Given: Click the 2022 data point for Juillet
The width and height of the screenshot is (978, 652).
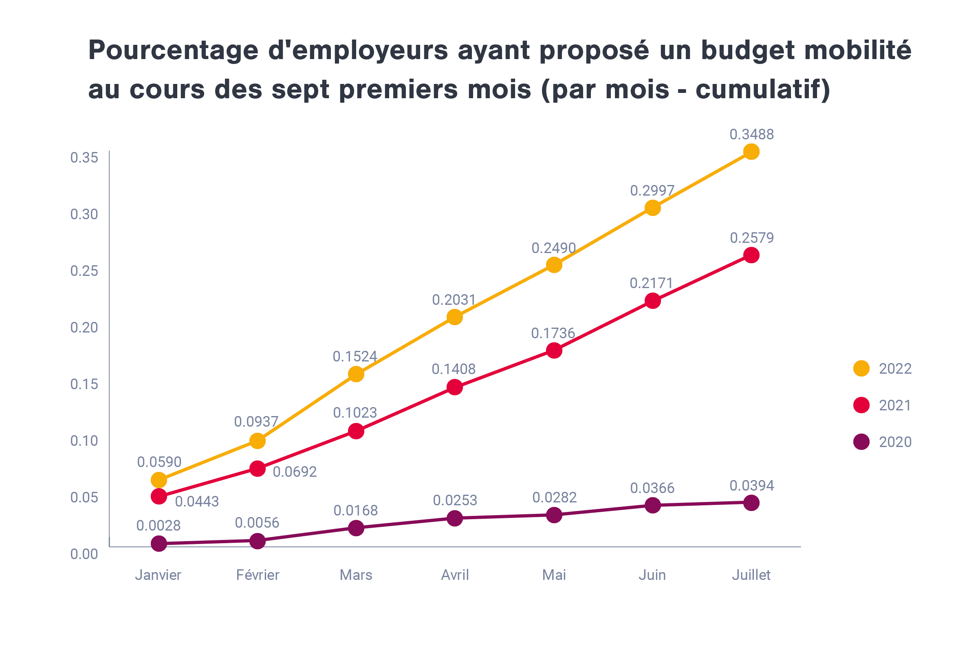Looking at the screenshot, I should pyautogui.click(x=751, y=152).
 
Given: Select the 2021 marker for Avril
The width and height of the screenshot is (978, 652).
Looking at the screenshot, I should pyautogui.click(x=455, y=388).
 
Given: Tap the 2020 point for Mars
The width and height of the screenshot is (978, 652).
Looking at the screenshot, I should pyautogui.click(x=356, y=528).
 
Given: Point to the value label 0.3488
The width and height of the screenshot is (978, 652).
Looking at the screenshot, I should pyautogui.click(x=751, y=134).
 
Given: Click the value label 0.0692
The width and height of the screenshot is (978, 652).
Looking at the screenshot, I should pyautogui.click(x=295, y=472).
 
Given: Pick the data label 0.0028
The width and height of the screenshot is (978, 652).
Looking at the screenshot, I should pyautogui.click(x=159, y=526).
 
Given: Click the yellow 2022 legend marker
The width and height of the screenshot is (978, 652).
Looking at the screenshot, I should pyautogui.click(x=861, y=368).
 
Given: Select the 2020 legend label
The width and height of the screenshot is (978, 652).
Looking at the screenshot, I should pyautogui.click(x=895, y=442).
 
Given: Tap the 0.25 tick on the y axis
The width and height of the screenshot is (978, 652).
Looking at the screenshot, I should pyautogui.click(x=84, y=271).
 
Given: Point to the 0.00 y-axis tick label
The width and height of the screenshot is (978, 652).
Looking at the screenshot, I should pyautogui.click(x=84, y=554).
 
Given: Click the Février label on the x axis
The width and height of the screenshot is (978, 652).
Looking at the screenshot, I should pyautogui.click(x=258, y=575).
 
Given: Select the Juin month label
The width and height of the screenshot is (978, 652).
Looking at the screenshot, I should pyautogui.click(x=652, y=575).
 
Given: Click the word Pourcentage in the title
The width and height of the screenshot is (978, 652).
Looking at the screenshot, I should pyautogui.click(x=174, y=51).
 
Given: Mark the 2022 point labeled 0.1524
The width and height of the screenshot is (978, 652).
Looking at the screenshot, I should pyautogui.click(x=356, y=374).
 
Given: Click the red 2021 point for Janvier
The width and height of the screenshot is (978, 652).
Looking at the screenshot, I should pyautogui.click(x=159, y=496).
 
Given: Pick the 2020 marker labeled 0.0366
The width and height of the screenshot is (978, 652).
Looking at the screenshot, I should pyautogui.click(x=653, y=505).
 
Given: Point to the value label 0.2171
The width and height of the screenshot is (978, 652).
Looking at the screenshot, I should pyautogui.click(x=651, y=283).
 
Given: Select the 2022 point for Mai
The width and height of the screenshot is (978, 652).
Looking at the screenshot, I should pyautogui.click(x=554, y=265).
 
